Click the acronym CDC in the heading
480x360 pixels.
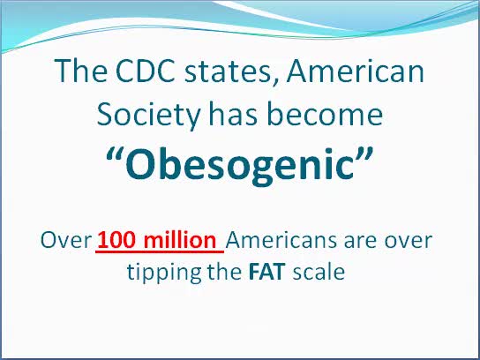coord(145,71)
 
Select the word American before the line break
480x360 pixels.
coord(355,71)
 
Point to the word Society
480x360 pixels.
coord(149,116)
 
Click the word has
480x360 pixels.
coord(233,114)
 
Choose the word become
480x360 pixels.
coord(325,114)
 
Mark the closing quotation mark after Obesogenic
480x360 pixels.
coord(364,155)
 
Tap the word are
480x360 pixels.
coord(362,242)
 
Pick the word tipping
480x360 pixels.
coord(164,272)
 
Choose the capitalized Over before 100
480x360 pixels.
coord(66,240)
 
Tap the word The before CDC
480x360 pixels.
coord(81,71)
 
